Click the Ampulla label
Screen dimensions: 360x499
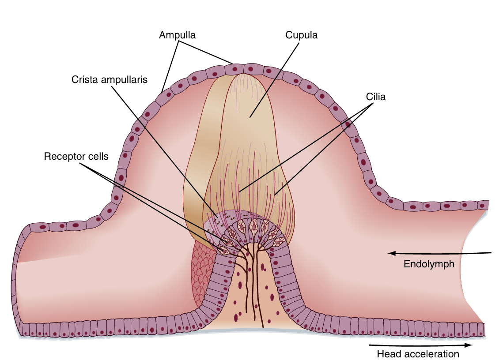(177, 35)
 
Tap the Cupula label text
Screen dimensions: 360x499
(302, 35)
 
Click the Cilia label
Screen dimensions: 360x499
(376, 97)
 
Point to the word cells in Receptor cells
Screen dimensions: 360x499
(97, 157)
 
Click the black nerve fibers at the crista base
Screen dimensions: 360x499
(252, 287)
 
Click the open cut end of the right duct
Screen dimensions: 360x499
(475, 265)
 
